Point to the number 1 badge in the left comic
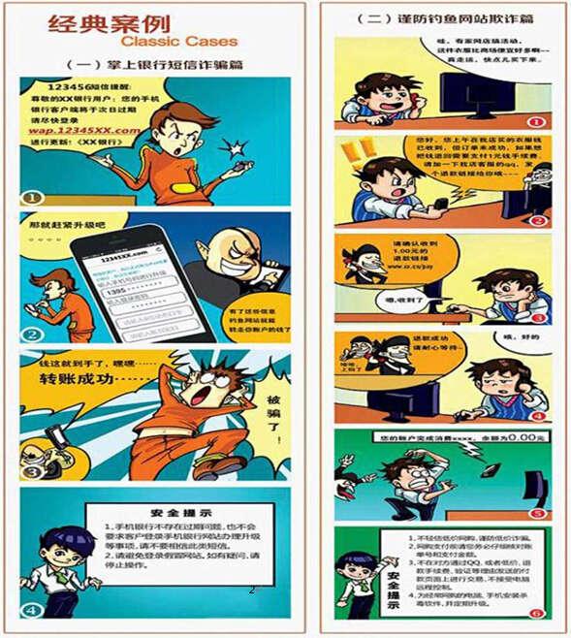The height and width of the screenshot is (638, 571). pos(32,197)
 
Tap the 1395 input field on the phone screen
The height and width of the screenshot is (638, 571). pos(131,291)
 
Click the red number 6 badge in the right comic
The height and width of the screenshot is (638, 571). pos(536,611)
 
